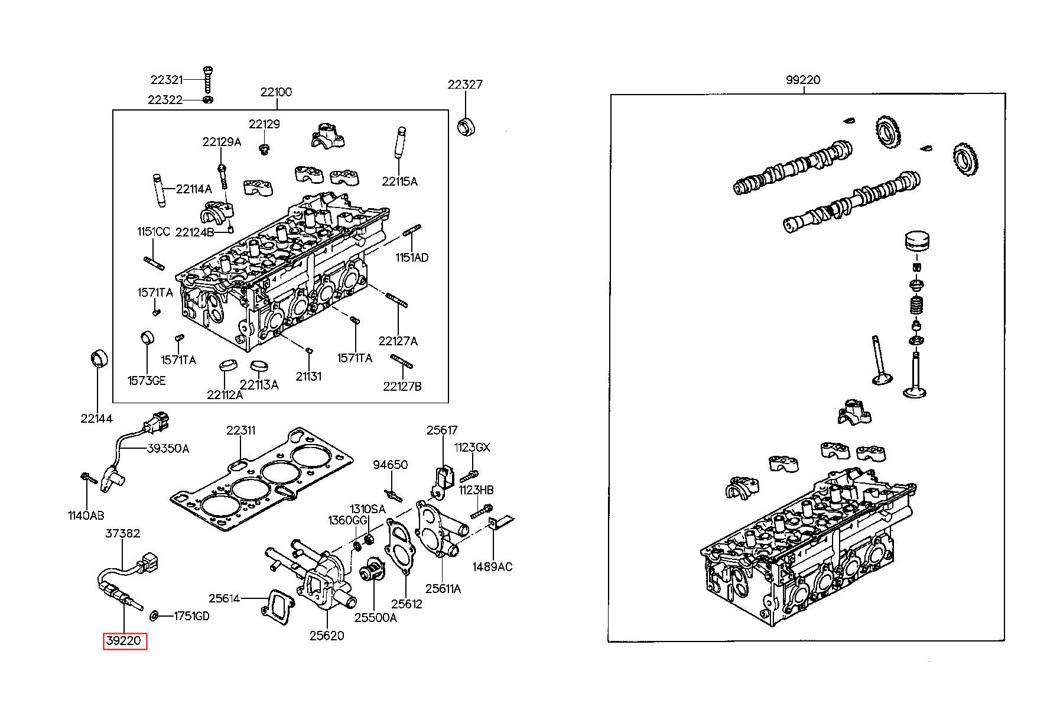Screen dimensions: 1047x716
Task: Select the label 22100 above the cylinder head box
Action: coord(276,92)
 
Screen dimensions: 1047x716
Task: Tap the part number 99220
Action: coord(803,80)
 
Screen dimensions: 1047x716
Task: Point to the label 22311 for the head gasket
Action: coord(241,430)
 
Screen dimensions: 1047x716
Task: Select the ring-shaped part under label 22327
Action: coord(467,127)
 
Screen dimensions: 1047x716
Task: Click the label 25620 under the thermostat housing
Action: coord(327,636)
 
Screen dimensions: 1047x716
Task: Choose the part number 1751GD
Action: coord(191,616)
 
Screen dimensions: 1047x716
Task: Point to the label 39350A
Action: coord(168,449)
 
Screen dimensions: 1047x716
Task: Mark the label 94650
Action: coord(390,465)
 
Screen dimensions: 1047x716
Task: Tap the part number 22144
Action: coord(96,419)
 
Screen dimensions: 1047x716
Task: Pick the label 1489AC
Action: coord(492,567)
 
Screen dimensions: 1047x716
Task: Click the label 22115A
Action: coord(399,182)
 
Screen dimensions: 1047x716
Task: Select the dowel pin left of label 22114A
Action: coord(160,189)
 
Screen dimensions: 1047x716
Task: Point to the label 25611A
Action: coord(443,588)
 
